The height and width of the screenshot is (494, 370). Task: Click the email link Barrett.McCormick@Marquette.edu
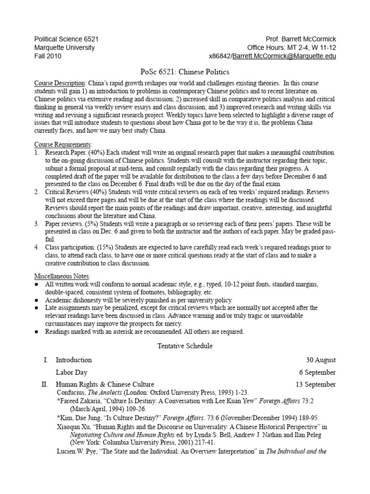[x=284, y=56]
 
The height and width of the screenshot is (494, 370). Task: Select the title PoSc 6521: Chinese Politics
[x=185, y=72]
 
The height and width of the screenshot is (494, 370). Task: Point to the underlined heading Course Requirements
[x=63, y=145]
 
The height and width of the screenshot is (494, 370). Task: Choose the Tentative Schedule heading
[x=185, y=345]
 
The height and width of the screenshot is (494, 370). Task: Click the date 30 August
[x=321, y=360]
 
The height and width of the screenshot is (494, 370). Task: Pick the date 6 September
[x=318, y=372]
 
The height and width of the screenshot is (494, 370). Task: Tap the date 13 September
[x=316, y=384]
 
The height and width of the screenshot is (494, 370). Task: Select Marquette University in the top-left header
[x=65, y=48]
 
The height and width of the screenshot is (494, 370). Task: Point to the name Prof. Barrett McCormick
[x=301, y=39]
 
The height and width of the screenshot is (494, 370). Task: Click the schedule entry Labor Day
[x=71, y=372]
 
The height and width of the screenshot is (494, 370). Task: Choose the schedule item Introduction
[x=73, y=360]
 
